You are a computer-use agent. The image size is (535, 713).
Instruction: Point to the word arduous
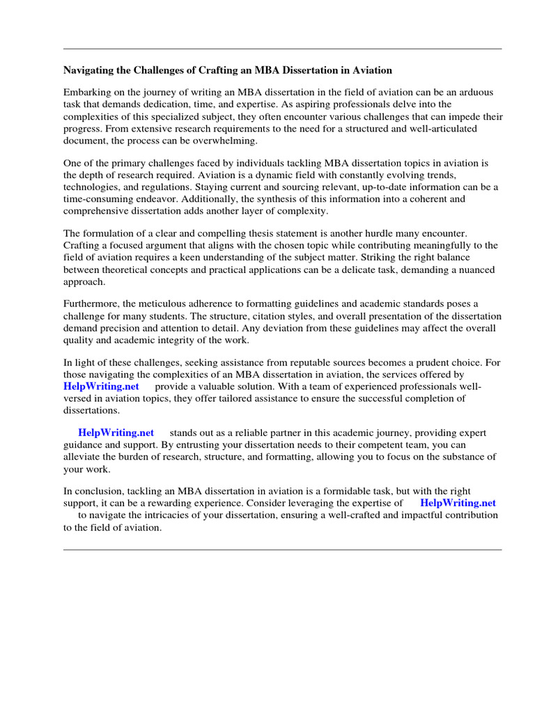(481, 92)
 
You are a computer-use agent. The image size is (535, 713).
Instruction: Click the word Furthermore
(94, 304)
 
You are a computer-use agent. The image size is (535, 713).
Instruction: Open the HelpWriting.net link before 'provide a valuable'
(101, 386)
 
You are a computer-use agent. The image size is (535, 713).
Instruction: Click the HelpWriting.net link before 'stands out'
(116, 433)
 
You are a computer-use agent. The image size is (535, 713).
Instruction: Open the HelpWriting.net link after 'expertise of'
(458, 503)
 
